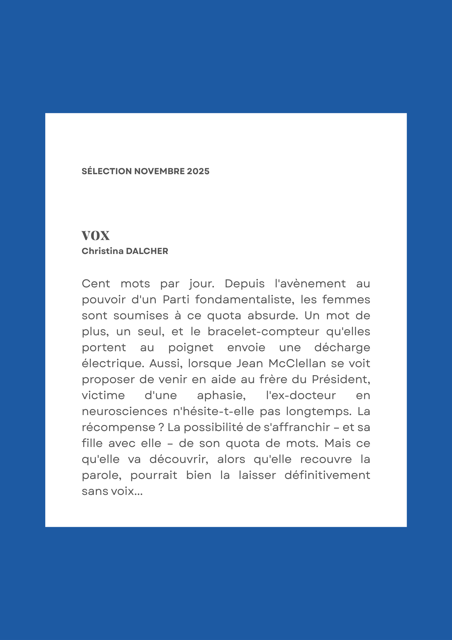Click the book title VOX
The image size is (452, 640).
[x=95, y=236]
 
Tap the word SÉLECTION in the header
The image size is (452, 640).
[x=107, y=171]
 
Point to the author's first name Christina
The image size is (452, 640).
[x=103, y=251]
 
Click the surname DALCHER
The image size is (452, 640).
[x=147, y=251]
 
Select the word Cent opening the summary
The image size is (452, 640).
[x=96, y=284]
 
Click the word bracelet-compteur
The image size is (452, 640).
[x=263, y=332]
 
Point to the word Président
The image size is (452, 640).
[x=341, y=379]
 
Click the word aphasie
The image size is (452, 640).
[x=221, y=395]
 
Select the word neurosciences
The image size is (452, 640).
[x=125, y=411]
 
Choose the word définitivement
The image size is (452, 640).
[x=327, y=475]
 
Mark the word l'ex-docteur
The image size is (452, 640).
[x=301, y=395]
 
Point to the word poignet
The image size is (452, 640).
[x=191, y=348]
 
